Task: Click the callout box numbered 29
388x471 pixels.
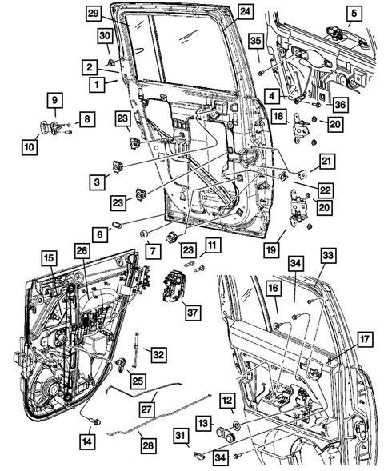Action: [x=94, y=14]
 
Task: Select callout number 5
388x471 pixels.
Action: [x=354, y=14]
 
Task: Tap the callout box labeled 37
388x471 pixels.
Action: [x=192, y=313]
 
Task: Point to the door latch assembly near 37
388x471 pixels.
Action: [x=174, y=285]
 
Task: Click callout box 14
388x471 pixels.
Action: [x=87, y=441]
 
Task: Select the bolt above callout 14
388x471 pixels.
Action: [x=97, y=422]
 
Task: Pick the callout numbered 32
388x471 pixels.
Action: [x=158, y=355]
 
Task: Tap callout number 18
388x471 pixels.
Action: [x=278, y=116]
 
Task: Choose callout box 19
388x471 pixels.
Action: [x=271, y=250]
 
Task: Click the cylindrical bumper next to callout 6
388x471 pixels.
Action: [x=116, y=225]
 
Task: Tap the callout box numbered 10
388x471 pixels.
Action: [x=30, y=147]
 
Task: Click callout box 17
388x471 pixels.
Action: [x=365, y=340]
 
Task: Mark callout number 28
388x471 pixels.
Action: [x=148, y=445]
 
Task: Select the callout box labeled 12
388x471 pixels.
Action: [x=227, y=400]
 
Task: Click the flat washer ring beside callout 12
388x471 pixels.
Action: [x=237, y=425]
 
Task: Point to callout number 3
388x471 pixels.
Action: [x=97, y=182]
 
